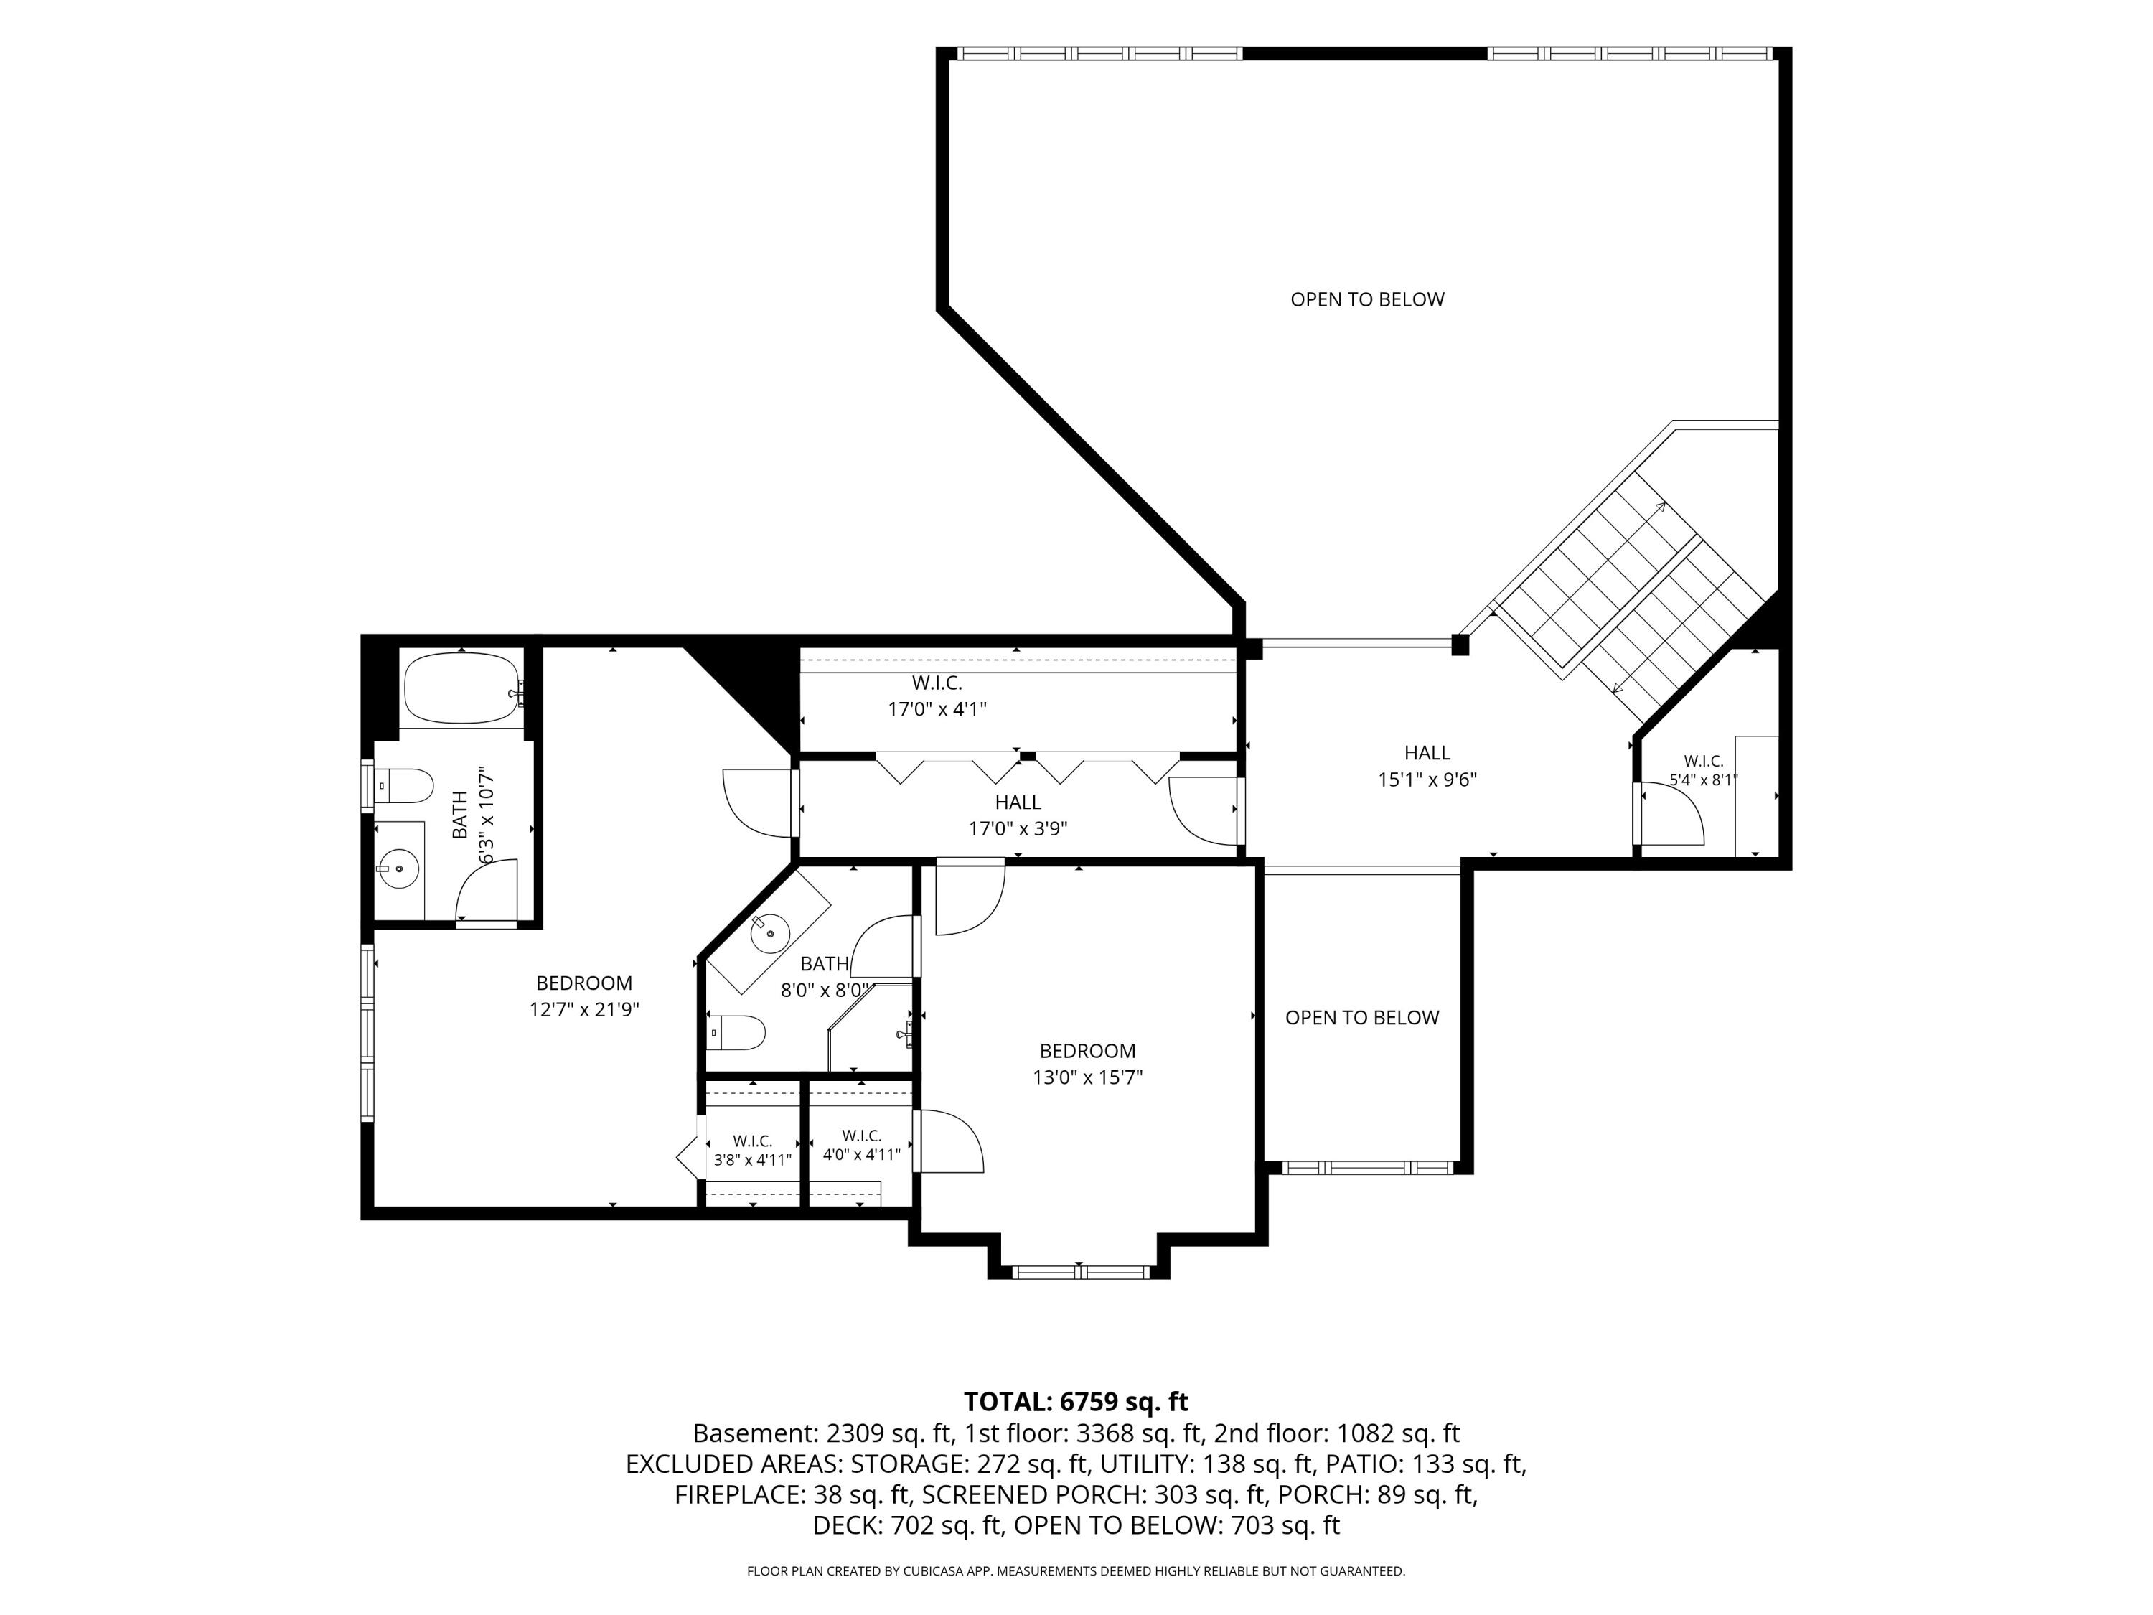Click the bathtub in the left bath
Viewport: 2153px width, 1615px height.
tap(464, 688)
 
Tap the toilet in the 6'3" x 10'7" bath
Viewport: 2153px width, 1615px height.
tap(404, 785)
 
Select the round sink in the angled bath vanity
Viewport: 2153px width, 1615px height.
tap(770, 935)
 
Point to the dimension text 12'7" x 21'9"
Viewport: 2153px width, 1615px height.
tap(584, 1009)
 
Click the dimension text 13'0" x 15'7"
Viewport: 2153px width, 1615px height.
tap(1087, 1077)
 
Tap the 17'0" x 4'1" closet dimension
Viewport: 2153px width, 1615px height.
tap(937, 710)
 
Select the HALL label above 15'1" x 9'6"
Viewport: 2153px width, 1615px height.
tap(1427, 752)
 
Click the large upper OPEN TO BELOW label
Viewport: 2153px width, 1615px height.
tap(1368, 300)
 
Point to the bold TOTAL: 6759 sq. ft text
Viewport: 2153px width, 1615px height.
tap(1076, 1402)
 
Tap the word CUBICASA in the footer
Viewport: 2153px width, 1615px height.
tap(935, 1571)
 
